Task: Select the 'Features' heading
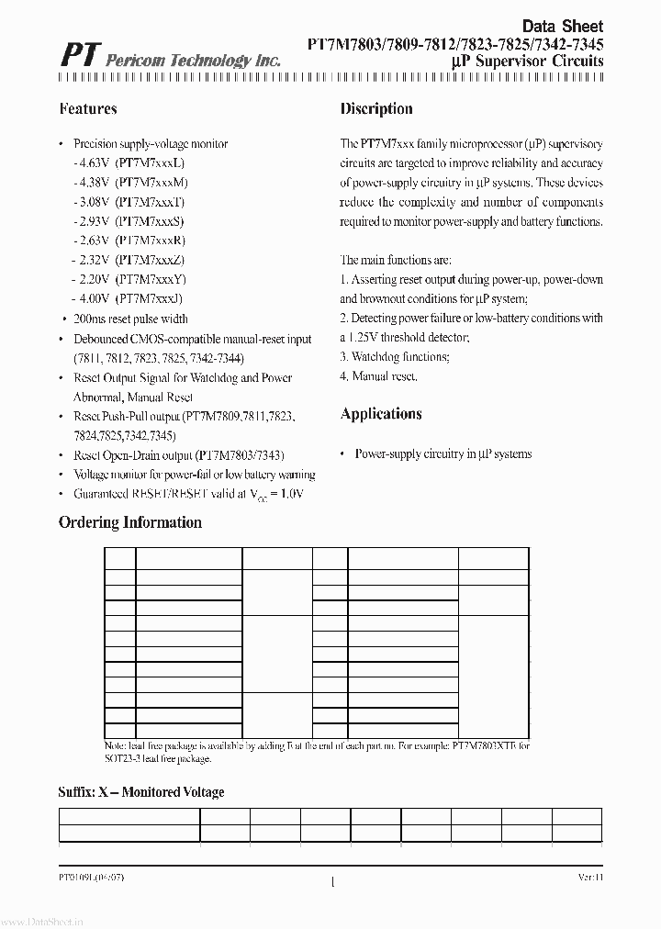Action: [88, 108]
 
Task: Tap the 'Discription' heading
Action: [376, 108]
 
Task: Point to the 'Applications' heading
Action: [381, 414]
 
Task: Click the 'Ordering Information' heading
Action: [130, 522]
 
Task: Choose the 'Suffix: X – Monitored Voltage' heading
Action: [141, 791]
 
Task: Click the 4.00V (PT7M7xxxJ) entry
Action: [128, 298]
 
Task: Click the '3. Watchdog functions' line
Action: [395, 356]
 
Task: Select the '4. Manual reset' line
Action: [379, 376]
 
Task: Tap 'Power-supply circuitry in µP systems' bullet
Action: [443, 453]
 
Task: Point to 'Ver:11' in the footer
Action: [589, 878]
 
